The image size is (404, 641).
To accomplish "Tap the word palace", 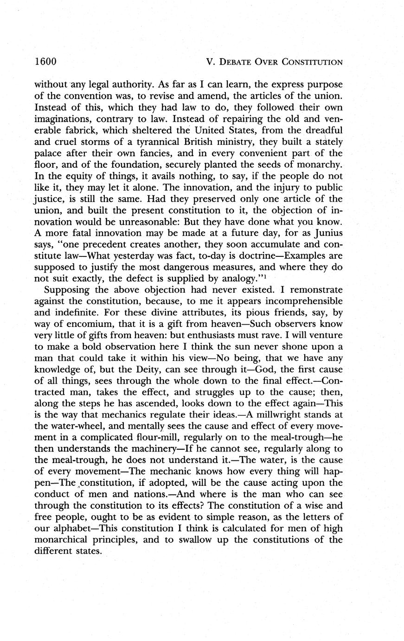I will [49, 153].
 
